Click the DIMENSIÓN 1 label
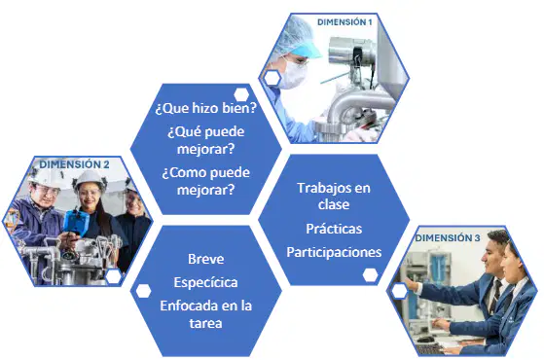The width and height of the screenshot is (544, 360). pos(345,22)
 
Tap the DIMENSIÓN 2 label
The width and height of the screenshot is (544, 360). pos(74,164)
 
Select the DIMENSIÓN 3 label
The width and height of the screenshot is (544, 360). pos(448,238)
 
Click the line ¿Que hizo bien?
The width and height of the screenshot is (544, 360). pos(205,108)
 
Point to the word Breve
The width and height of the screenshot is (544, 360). pos(205,259)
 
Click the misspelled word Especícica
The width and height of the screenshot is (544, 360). pos(205,282)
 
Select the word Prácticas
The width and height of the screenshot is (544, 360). pos(334,229)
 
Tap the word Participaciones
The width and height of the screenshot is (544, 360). pos(334,252)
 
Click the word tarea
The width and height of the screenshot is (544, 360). pos(205,323)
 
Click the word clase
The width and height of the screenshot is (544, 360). pos(334,204)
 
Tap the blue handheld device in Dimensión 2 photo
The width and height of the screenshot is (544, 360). pos(74,222)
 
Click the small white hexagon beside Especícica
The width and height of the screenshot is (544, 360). pos(143,291)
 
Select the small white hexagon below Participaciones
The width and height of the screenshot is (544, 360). pos(370,275)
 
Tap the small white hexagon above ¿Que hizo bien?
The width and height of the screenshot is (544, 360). pos(241,94)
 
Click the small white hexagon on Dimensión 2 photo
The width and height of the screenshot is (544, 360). pos(114,276)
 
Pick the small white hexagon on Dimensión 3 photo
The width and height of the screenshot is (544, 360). pos(400,291)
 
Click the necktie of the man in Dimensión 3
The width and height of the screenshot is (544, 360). pos(494,298)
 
